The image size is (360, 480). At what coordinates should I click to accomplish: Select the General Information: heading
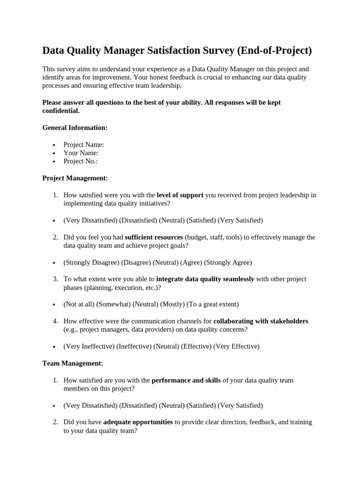(x=75, y=127)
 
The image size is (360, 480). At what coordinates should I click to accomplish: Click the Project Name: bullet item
(x=83, y=144)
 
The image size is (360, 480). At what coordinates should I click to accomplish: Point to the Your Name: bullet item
(x=81, y=153)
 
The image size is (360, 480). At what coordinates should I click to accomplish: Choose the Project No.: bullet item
(x=80, y=161)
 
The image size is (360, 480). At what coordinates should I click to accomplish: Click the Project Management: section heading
(x=75, y=178)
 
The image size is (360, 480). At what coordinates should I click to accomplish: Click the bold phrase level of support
(x=180, y=195)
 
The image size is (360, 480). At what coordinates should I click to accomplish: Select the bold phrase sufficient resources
(x=154, y=237)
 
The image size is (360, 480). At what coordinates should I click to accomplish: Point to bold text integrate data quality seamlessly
(x=205, y=279)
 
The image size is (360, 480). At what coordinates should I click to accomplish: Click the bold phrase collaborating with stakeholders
(x=261, y=321)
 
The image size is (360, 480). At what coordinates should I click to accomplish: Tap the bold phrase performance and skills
(x=186, y=380)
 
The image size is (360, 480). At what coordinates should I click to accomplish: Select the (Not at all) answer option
(x=79, y=304)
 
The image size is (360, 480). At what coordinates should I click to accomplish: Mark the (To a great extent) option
(x=212, y=304)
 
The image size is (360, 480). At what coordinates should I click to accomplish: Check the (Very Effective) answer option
(x=236, y=346)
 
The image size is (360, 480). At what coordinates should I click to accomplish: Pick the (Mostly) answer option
(x=172, y=304)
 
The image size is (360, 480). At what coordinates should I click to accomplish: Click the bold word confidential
(x=61, y=111)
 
